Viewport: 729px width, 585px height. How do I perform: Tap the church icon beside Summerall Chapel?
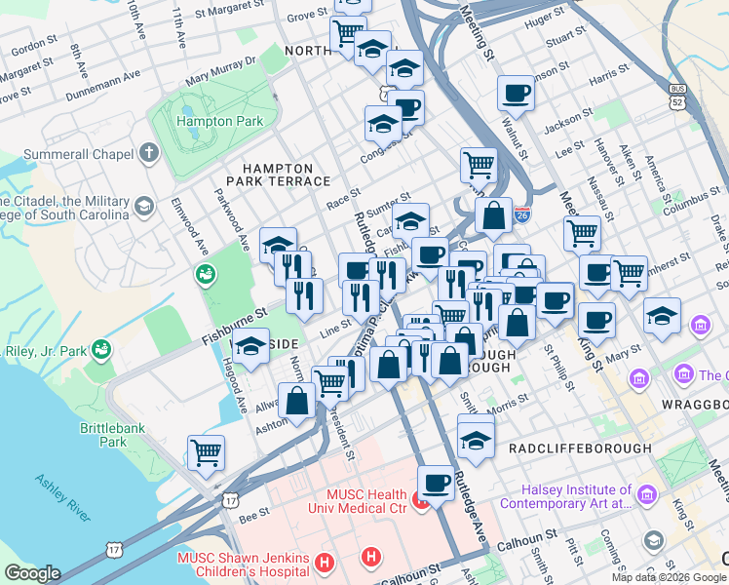point(148,154)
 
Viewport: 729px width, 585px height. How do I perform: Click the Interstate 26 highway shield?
point(523,212)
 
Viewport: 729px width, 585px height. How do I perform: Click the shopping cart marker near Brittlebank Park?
point(207,451)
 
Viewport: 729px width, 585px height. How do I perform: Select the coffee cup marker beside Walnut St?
point(516,94)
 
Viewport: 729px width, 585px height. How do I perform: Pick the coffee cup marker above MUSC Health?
point(436,482)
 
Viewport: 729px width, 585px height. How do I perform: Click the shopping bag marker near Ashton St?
point(296,400)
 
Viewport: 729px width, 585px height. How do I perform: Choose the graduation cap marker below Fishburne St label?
point(251,345)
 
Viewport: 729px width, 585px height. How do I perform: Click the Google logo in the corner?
point(32,573)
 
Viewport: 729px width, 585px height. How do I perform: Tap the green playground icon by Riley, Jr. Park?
point(100,348)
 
